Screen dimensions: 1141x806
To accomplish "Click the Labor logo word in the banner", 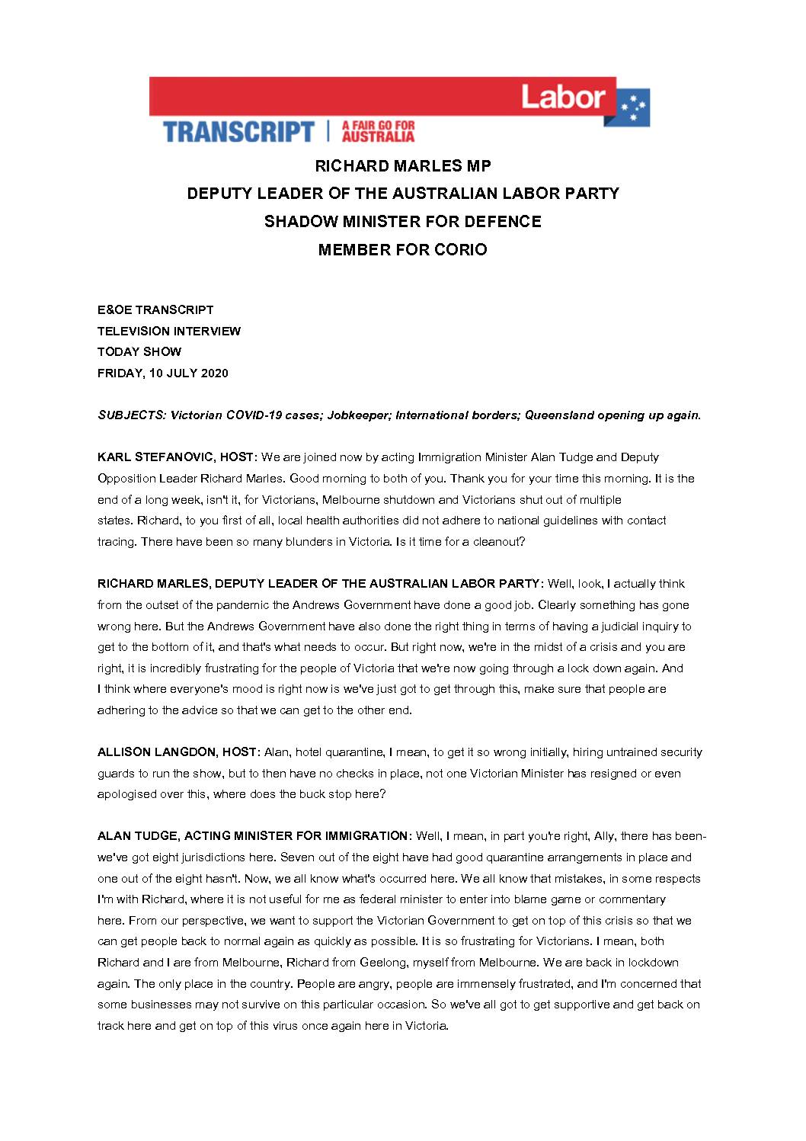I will click(x=563, y=97).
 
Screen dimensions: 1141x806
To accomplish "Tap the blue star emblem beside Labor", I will click(x=633, y=111).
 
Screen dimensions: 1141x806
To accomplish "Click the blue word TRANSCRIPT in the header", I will click(x=238, y=131).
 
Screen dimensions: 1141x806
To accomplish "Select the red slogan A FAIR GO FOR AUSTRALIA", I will click(x=379, y=131).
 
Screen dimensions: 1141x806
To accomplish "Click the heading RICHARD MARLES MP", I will click(x=403, y=165).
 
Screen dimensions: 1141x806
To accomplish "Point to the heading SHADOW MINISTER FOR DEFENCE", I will click(x=403, y=221).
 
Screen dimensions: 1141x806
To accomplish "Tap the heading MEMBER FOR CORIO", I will click(x=403, y=249).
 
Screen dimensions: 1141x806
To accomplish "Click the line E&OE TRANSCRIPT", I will click(x=155, y=310).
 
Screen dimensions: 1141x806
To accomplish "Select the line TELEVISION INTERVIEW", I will click(x=169, y=331).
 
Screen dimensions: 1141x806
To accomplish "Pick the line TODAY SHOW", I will click(x=139, y=352).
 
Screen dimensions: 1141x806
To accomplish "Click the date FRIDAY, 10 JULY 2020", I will click(x=163, y=373).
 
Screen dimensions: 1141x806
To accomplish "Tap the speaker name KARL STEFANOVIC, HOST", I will click(x=176, y=457).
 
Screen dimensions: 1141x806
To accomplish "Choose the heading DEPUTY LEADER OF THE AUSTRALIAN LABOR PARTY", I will click(x=403, y=194).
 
